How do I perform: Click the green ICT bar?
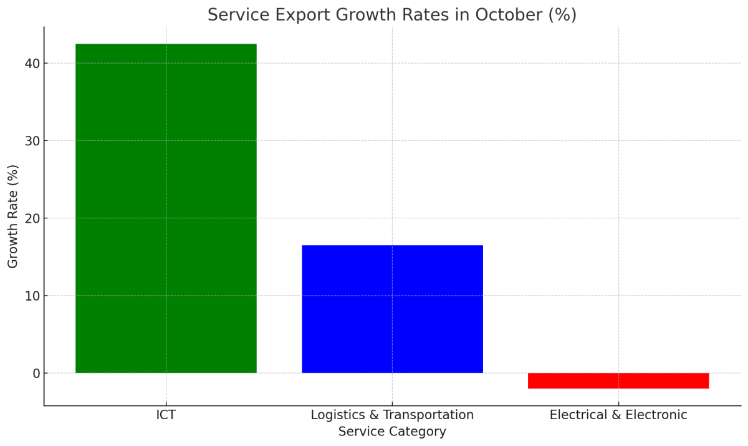[x=166, y=208]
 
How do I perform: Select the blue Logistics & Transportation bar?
[x=392, y=309]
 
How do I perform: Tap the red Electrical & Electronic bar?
[x=618, y=381]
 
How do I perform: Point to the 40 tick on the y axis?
[x=33, y=64]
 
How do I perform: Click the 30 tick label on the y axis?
[x=33, y=141]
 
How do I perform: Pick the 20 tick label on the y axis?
[x=33, y=218]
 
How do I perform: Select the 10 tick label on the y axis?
[x=33, y=296]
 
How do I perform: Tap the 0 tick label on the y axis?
[x=36, y=374]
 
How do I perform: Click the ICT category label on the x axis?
[x=166, y=415]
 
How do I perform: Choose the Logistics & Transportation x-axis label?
[x=392, y=415]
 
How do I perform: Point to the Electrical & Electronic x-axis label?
[x=618, y=415]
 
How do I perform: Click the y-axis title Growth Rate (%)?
[x=13, y=216]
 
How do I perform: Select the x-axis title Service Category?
[x=392, y=432]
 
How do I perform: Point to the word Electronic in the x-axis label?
[x=656, y=415]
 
